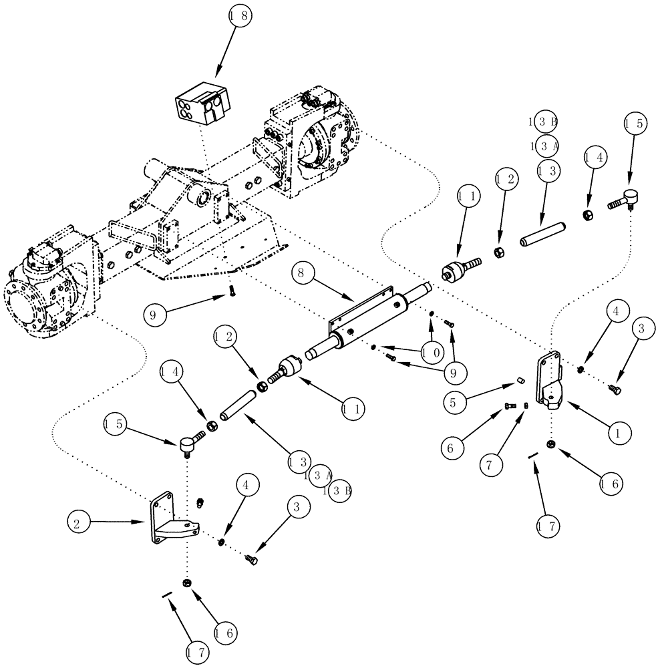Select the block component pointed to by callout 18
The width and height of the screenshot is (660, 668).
pos(202,105)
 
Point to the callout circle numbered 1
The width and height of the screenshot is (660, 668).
pos(619,432)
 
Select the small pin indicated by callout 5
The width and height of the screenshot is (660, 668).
pos(520,381)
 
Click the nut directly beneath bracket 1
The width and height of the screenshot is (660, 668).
pos(550,444)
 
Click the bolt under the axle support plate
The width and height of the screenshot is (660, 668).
pos(230,289)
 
